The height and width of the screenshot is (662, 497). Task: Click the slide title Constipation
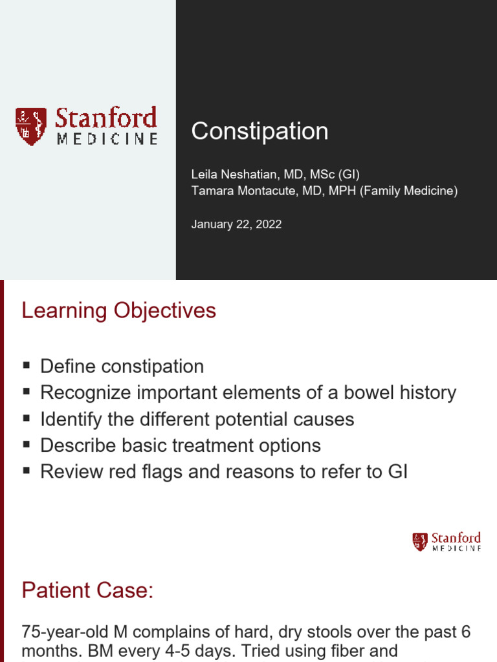(x=260, y=131)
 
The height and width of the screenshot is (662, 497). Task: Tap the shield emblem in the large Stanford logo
(x=31, y=126)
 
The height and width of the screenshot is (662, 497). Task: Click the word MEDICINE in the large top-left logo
(x=107, y=139)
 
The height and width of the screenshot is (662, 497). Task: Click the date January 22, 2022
(x=236, y=224)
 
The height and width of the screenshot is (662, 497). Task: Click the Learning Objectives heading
(x=119, y=311)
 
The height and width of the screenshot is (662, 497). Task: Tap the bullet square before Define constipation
(x=27, y=365)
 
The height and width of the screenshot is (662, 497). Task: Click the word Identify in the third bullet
(x=67, y=419)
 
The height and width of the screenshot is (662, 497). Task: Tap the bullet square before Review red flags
(x=27, y=471)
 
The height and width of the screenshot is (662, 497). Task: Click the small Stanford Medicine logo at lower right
(x=447, y=542)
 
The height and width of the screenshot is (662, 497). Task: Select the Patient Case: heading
(x=87, y=590)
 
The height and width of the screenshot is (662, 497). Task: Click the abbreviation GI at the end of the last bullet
(x=396, y=471)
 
